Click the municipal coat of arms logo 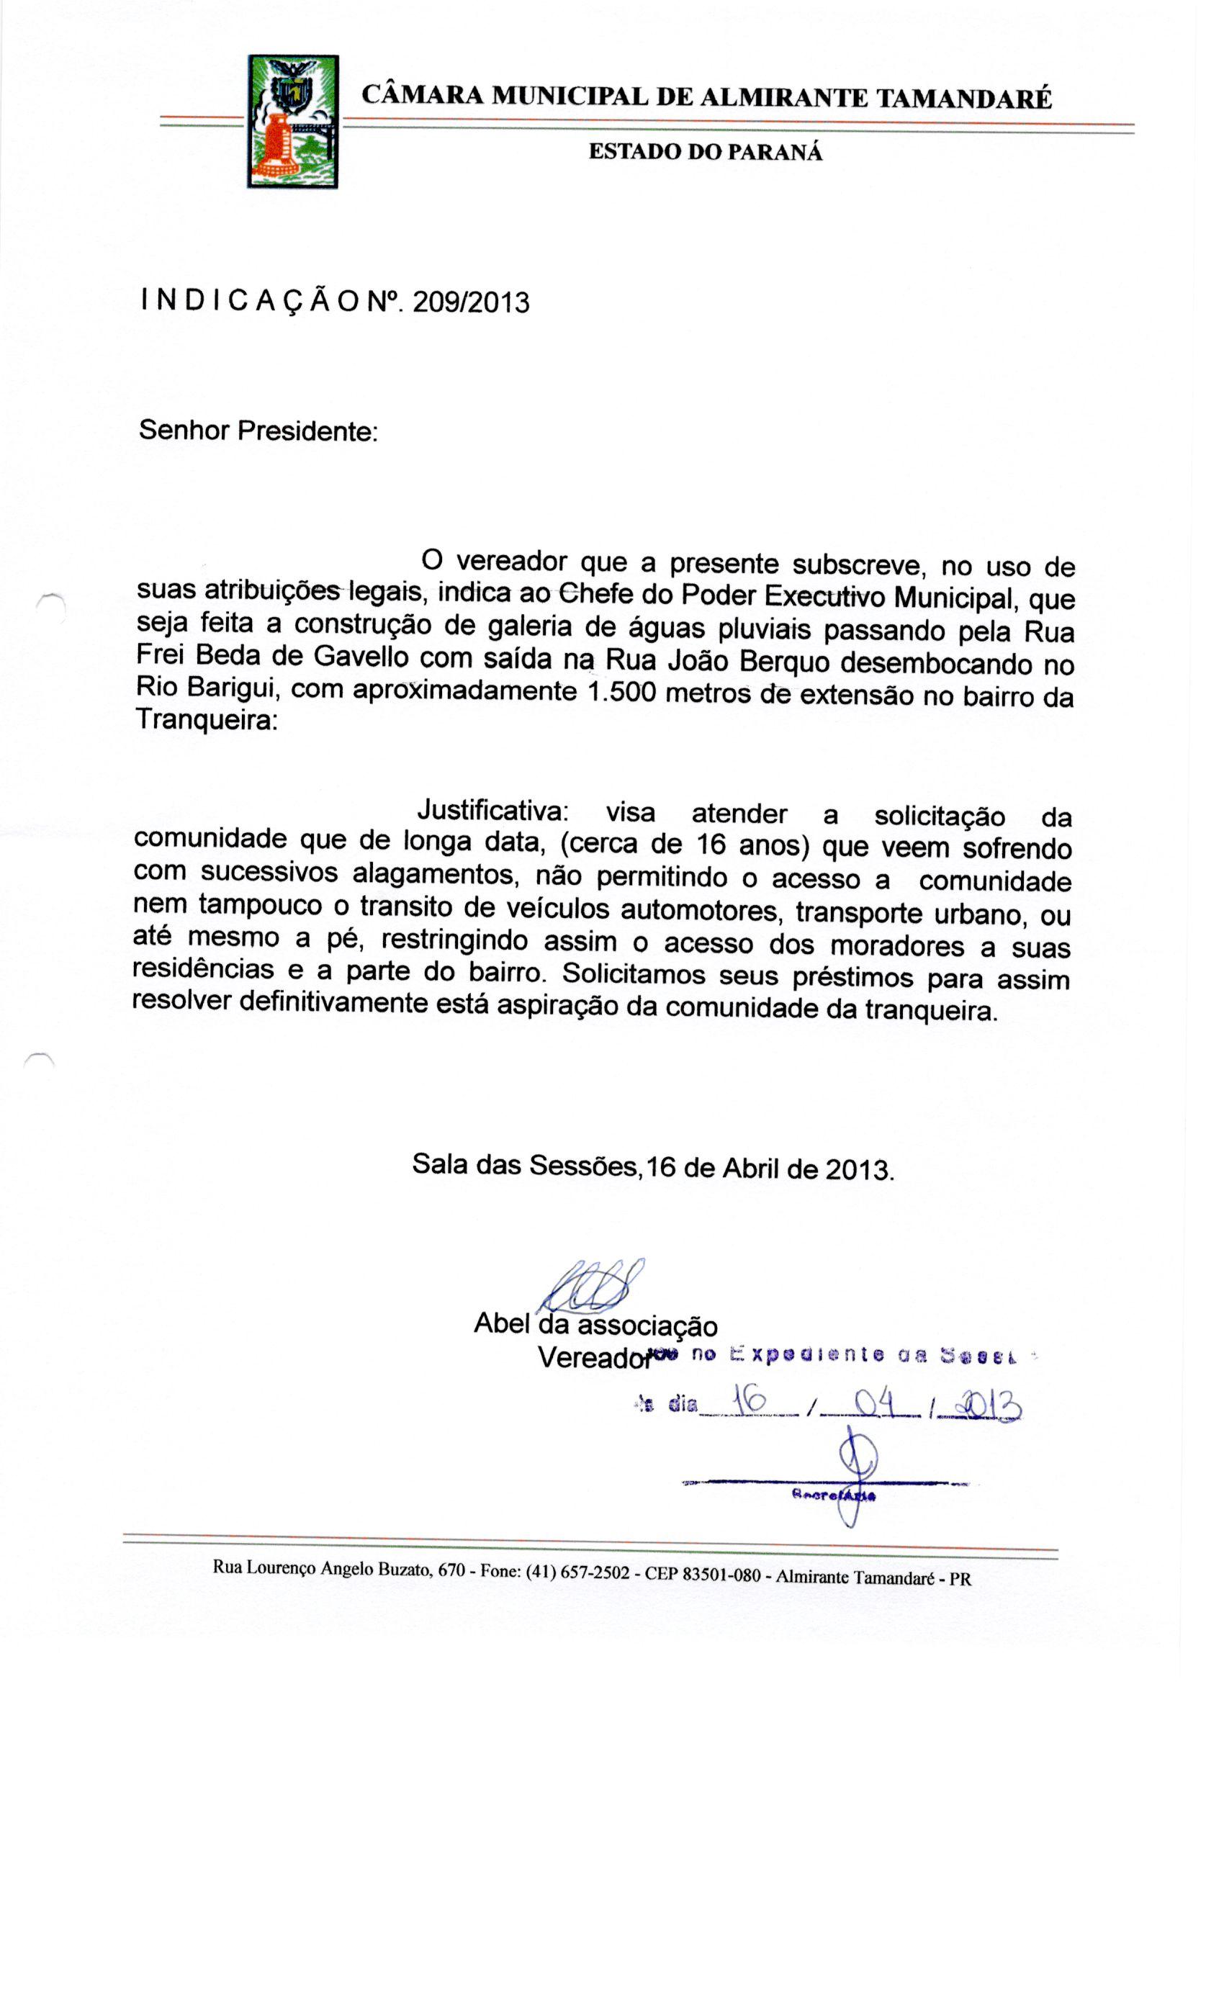tap(292, 121)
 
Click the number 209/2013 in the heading tap(470, 302)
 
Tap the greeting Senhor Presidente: tap(258, 431)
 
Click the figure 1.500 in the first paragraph tap(621, 692)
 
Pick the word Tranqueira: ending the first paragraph tap(206, 720)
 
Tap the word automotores tap(698, 911)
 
